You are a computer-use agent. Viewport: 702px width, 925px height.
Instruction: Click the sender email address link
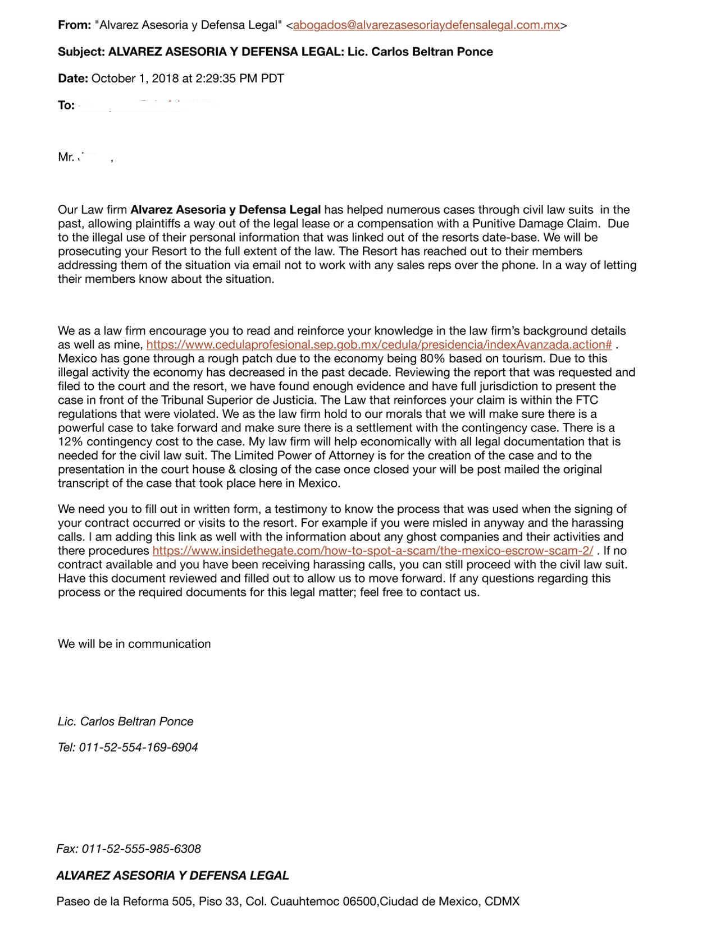point(426,25)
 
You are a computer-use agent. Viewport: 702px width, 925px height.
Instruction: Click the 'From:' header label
point(74,25)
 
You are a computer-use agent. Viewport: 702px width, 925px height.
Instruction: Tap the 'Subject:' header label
point(81,52)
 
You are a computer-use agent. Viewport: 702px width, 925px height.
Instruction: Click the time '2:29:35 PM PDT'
point(240,79)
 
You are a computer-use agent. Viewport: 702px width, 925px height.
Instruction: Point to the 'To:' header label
point(66,105)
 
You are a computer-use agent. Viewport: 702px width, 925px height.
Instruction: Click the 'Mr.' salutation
point(66,158)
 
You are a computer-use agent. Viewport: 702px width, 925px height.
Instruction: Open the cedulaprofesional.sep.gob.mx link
point(379,345)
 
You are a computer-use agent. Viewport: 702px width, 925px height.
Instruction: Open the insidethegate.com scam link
point(372,551)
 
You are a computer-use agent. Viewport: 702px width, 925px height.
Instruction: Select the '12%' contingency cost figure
point(70,442)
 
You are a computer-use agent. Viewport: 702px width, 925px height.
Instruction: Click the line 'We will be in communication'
point(134,644)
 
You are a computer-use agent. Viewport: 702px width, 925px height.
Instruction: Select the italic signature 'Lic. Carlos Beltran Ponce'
point(126,722)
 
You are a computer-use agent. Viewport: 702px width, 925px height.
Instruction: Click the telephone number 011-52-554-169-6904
point(138,748)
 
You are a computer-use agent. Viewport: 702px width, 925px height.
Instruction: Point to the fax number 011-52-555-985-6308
point(141,849)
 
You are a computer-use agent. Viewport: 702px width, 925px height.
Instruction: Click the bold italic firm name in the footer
point(172,876)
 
